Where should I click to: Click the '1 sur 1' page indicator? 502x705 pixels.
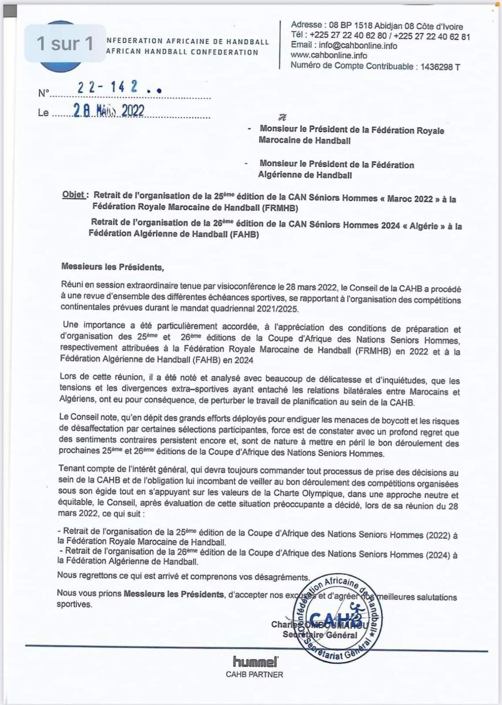click(65, 43)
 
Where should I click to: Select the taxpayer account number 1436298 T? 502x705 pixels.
click(440, 67)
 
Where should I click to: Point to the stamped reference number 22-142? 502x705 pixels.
click(108, 87)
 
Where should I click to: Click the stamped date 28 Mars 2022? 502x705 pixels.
click(109, 110)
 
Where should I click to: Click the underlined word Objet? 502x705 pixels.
click(74, 195)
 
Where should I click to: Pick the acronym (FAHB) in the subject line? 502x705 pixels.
click(244, 234)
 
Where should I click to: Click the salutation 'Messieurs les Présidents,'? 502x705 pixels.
click(112, 267)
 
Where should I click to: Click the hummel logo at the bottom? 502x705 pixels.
click(255, 662)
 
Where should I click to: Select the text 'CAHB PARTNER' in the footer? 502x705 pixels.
click(254, 675)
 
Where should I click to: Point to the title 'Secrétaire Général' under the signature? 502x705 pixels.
click(320, 635)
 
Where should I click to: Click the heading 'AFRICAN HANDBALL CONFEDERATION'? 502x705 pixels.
click(182, 52)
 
